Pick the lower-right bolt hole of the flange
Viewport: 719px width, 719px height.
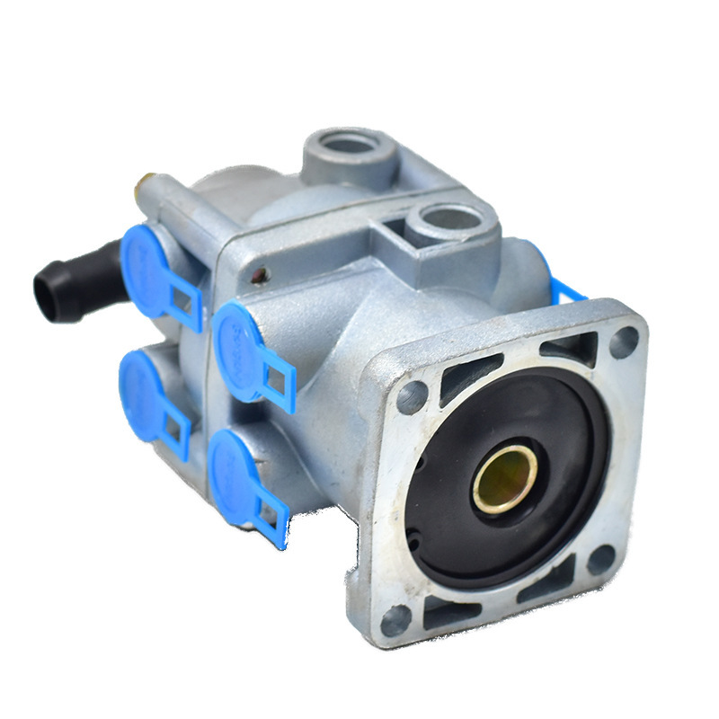[601, 559]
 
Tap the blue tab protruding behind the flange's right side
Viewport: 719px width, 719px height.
[566, 289]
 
